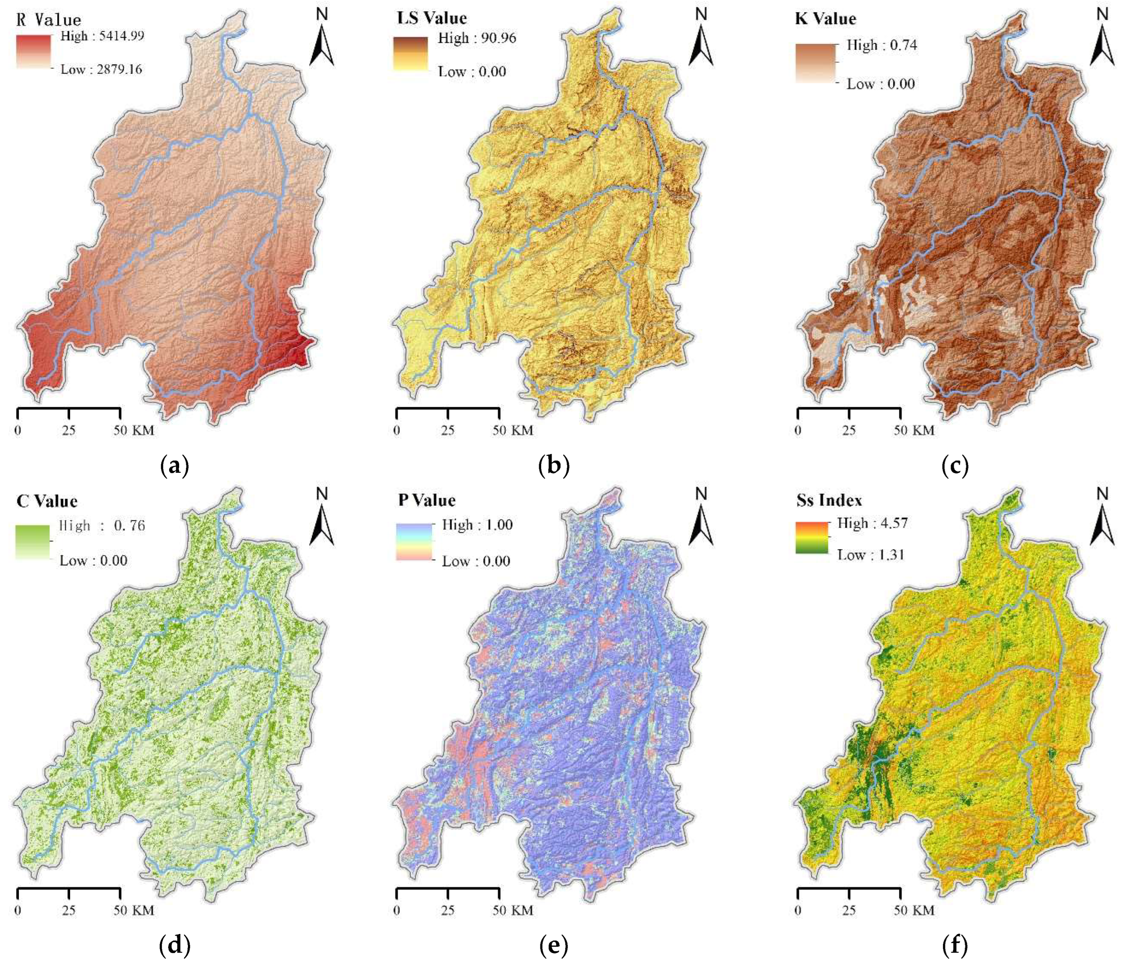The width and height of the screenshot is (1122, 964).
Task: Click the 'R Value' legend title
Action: click(49, 20)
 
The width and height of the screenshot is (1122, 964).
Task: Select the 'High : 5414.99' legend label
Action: click(102, 36)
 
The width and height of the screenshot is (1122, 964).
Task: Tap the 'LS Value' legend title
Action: click(432, 18)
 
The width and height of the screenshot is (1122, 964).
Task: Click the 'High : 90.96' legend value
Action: click(476, 38)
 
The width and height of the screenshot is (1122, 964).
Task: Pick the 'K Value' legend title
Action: click(825, 19)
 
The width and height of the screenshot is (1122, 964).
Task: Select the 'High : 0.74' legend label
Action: click(881, 45)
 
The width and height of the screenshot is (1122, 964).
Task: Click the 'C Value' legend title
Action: click(47, 501)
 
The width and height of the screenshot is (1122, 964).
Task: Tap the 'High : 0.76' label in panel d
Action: click(102, 526)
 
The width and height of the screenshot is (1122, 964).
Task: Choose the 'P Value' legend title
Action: click(427, 500)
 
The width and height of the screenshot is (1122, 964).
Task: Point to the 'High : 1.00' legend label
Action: click(477, 525)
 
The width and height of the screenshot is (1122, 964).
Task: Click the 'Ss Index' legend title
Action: click(829, 500)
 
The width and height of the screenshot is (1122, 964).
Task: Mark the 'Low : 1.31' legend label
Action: click(871, 555)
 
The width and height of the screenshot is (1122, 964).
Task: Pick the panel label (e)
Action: click(553, 945)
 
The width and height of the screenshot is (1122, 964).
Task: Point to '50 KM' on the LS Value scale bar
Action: click(513, 430)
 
